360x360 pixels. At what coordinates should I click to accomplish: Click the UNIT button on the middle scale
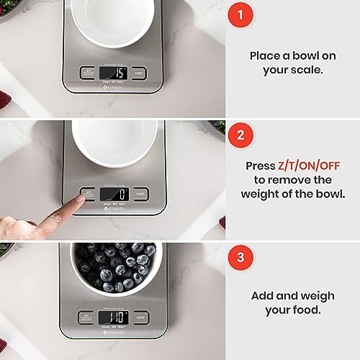pyautogui.click(x=141, y=194)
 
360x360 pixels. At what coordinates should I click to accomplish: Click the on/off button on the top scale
pyautogui.click(x=88, y=73)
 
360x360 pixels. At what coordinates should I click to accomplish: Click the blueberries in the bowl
pyautogui.click(x=114, y=266)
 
